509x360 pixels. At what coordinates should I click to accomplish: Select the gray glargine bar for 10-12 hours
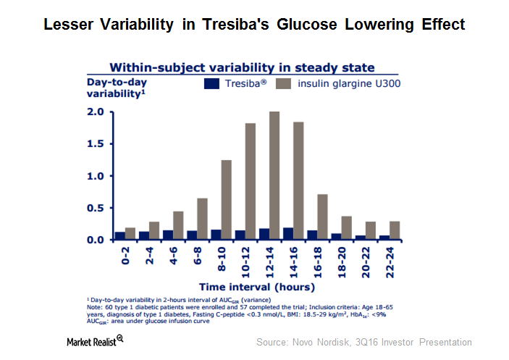[x=251, y=181]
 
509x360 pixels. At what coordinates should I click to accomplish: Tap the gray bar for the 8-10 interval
[x=226, y=200]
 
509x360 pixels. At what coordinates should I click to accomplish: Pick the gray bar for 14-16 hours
[x=298, y=181]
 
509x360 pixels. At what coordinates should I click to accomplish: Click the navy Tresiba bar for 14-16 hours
[x=288, y=233]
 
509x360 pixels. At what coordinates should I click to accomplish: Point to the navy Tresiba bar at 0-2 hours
[x=119, y=235]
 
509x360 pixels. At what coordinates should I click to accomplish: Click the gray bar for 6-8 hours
[x=202, y=219]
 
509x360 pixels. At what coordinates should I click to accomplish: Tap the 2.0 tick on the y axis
[x=96, y=112]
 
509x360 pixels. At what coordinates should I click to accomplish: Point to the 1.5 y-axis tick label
[x=96, y=143]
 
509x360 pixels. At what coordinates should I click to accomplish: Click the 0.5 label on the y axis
[x=96, y=208]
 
